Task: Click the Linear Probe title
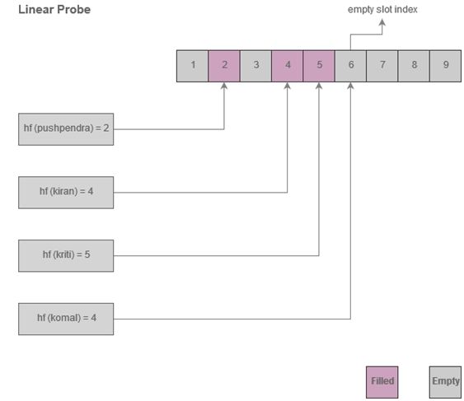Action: click(54, 10)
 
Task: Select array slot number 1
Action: click(193, 66)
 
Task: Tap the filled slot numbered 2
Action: click(224, 66)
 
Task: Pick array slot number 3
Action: click(256, 66)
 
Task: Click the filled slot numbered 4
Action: click(288, 66)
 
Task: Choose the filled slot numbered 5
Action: click(319, 66)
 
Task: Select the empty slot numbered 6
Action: click(350, 66)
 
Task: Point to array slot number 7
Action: click(382, 66)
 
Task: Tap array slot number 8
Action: click(414, 66)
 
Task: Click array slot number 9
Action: click(445, 66)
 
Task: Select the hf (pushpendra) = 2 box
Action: click(66, 128)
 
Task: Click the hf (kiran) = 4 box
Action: click(66, 192)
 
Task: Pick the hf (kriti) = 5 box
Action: click(66, 255)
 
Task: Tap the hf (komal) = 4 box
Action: click(66, 319)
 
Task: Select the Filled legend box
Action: click(382, 381)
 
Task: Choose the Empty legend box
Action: click(445, 381)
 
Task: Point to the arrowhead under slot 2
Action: click(224, 86)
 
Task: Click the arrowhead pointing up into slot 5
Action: click(319, 86)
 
